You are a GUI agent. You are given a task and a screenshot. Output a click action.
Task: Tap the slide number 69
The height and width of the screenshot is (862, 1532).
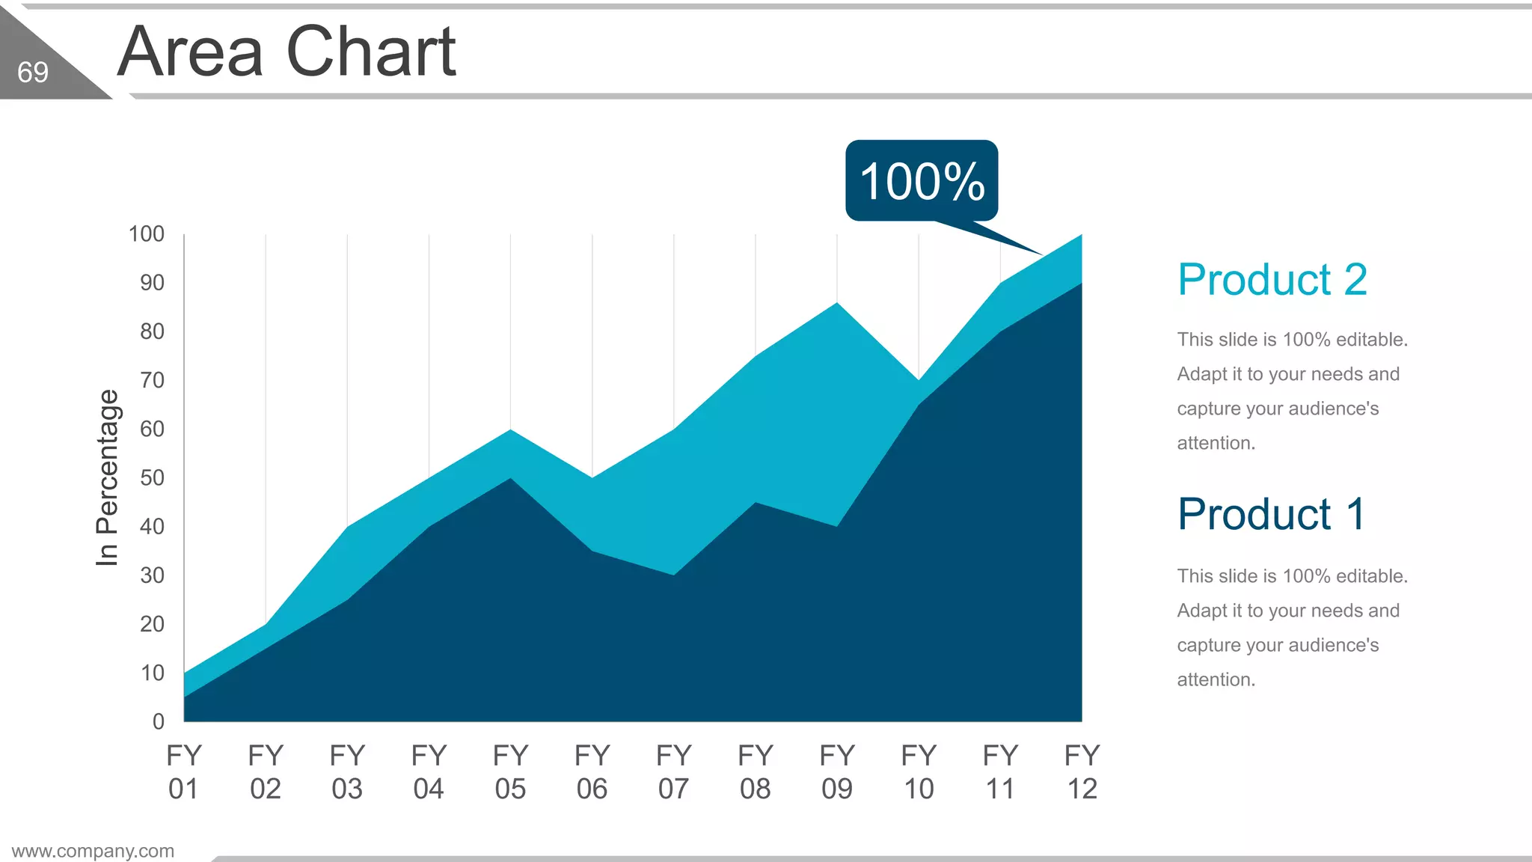(33, 73)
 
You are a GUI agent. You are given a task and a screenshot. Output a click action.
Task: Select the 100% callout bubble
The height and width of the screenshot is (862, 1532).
(922, 180)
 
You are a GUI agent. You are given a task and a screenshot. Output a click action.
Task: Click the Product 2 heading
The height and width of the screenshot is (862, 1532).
(1272, 279)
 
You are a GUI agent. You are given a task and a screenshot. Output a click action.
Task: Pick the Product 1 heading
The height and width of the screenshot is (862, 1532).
(1272, 514)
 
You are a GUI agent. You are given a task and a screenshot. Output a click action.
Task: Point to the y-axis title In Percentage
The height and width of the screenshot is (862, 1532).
(107, 477)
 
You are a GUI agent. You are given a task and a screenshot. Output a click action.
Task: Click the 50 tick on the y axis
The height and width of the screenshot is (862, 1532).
(152, 477)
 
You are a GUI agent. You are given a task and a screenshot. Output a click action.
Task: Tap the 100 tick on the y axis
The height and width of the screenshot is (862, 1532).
(147, 234)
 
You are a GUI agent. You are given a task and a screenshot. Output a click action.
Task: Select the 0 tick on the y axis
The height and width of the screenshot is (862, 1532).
(158, 721)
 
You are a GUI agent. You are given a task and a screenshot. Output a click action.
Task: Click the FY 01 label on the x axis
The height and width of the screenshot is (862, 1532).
(184, 771)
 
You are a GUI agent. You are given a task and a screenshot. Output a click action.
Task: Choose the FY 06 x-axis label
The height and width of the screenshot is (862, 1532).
(592, 771)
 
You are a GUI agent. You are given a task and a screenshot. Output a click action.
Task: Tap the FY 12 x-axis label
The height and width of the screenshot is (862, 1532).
(1082, 771)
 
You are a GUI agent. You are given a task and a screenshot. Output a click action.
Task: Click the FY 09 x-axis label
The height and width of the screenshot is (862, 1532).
(837, 771)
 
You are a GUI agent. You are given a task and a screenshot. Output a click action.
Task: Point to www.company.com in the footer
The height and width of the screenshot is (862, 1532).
(93, 851)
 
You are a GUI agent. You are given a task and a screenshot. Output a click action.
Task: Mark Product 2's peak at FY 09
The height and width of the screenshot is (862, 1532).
(837, 303)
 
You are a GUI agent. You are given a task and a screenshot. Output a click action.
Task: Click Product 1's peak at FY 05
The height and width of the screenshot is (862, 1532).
(510, 478)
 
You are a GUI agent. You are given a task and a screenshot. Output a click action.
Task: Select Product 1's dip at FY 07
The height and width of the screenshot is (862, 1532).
(674, 575)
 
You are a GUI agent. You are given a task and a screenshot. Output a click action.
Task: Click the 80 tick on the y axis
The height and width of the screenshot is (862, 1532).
(152, 331)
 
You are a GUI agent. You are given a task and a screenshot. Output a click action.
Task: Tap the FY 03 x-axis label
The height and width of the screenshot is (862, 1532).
(347, 771)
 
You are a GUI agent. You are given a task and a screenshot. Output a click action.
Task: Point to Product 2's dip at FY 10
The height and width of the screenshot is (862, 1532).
(919, 380)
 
